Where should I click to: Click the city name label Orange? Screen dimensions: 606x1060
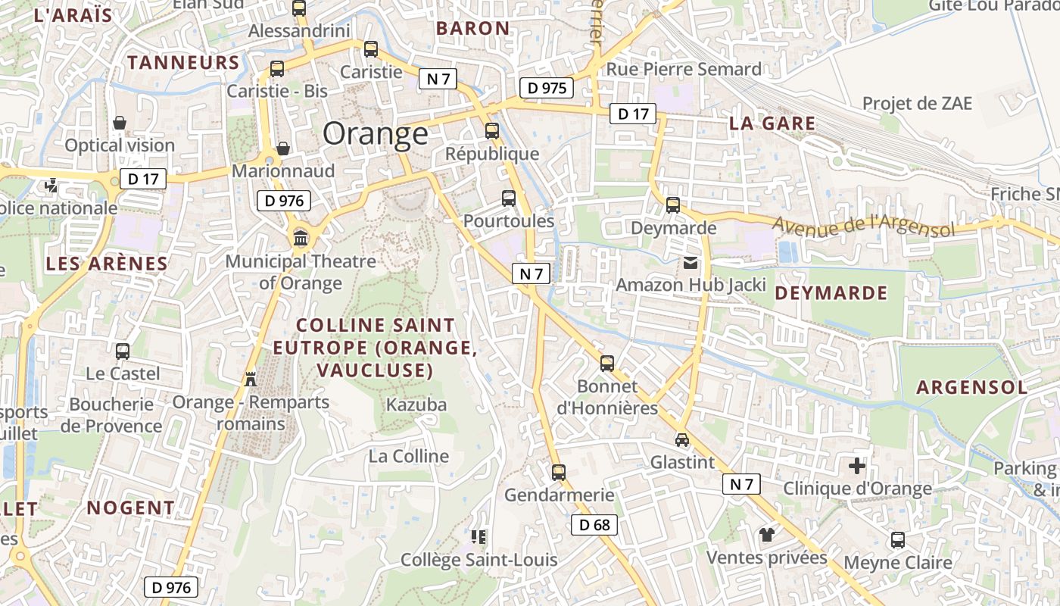(376, 134)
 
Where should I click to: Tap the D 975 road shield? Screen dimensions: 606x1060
(546, 88)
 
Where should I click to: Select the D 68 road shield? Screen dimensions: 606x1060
(594, 525)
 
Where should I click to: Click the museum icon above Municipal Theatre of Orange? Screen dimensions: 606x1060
(301, 239)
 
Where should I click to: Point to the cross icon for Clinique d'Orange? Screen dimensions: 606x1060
(857, 466)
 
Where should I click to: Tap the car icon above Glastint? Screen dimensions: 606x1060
(682, 439)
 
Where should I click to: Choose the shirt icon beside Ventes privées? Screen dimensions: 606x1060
(767, 535)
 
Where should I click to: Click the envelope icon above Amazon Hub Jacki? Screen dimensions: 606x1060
(691, 263)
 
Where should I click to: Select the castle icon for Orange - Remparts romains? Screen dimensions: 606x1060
(251, 378)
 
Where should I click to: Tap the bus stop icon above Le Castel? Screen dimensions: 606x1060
(123, 351)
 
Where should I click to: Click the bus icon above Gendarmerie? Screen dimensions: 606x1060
(559, 473)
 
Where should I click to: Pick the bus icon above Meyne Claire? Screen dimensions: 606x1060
(897, 540)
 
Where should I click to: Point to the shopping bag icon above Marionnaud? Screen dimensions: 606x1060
(282, 148)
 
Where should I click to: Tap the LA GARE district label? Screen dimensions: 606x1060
(772, 123)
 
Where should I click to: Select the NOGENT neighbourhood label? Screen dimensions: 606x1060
(130, 508)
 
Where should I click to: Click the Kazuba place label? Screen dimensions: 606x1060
(416, 405)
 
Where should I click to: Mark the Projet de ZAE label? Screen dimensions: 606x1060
(917, 103)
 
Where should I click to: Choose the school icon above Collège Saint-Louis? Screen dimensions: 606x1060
(479, 537)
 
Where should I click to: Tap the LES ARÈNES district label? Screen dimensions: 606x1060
(107, 264)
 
